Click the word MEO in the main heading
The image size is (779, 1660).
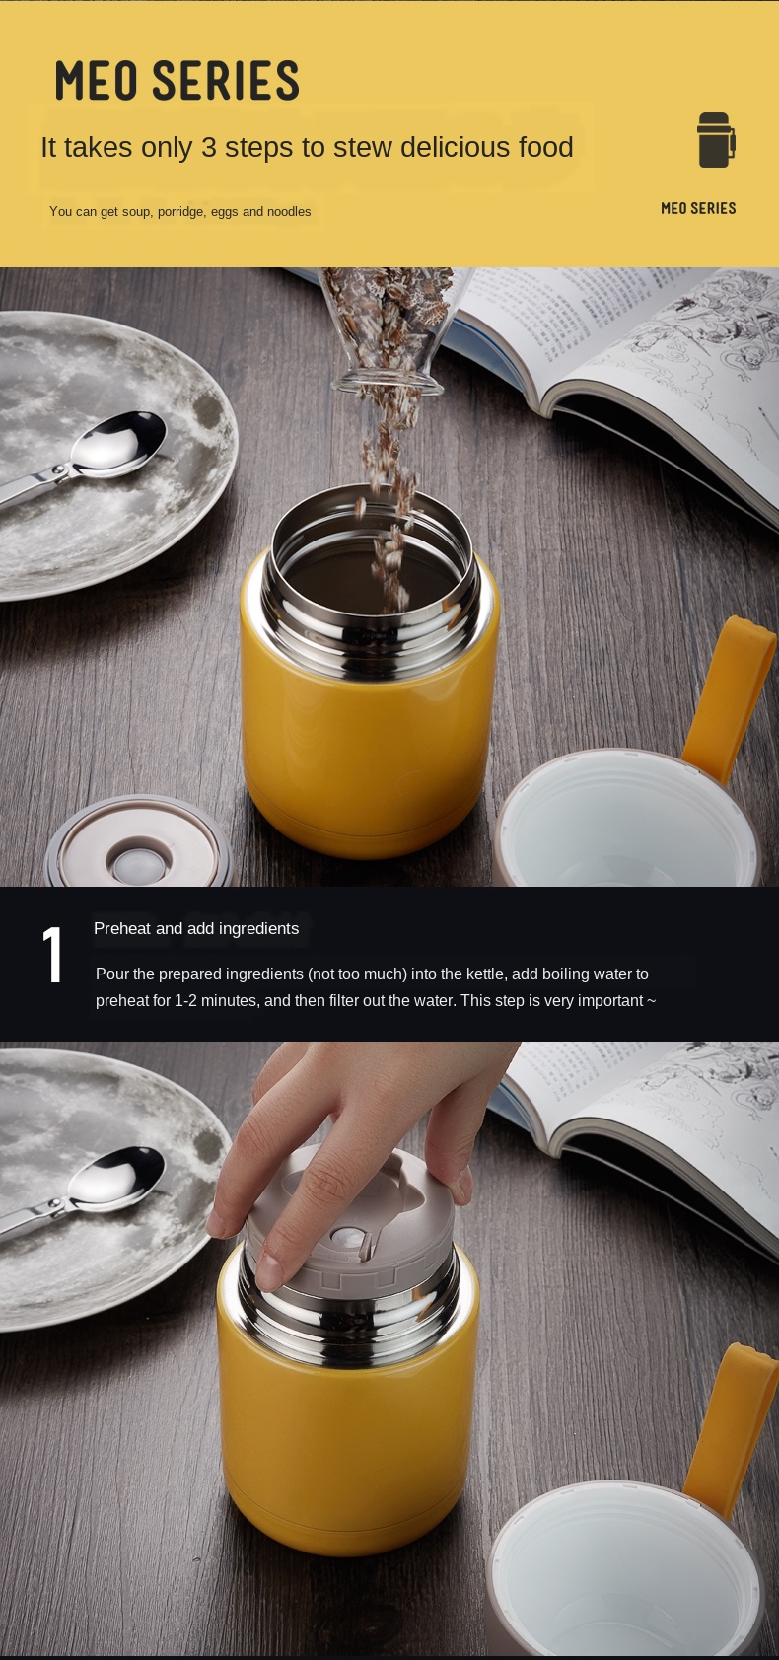tap(96, 81)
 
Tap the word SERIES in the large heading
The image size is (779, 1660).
tap(226, 81)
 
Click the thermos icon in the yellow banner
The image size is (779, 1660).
tap(715, 140)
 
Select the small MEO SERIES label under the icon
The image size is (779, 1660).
tap(698, 209)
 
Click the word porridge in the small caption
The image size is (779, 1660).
tap(180, 212)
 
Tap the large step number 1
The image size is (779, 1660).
tap(52, 955)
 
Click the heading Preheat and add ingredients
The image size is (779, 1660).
tap(196, 928)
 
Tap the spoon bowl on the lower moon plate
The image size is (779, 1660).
tap(118, 1179)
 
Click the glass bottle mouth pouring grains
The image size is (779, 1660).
tap(387, 383)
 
